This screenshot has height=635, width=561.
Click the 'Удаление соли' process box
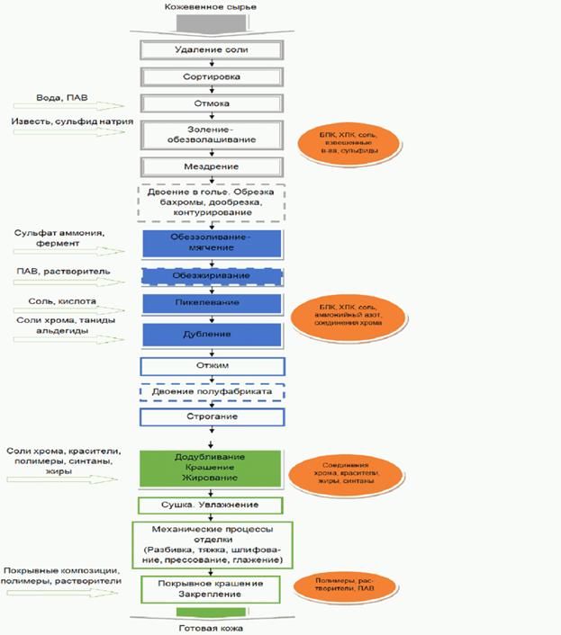[x=212, y=49]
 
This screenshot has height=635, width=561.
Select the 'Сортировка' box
[x=212, y=76]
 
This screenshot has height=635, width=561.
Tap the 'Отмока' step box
[x=212, y=104]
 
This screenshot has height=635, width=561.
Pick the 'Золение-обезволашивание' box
[x=212, y=135]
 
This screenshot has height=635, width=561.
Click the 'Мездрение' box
[x=212, y=167]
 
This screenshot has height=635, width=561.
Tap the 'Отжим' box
[x=212, y=366]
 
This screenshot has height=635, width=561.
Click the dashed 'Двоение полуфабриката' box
[x=212, y=394]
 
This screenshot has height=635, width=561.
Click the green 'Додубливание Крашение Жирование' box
[x=212, y=469]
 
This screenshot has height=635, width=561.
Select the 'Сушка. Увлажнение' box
[x=212, y=505]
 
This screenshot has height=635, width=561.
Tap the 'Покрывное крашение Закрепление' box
[x=212, y=590]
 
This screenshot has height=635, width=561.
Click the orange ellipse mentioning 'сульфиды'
[x=336, y=145]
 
